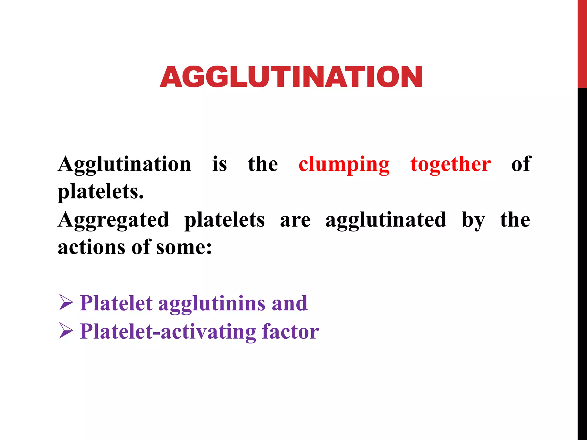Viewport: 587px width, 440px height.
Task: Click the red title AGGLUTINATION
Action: click(x=291, y=77)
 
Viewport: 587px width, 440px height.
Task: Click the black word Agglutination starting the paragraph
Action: click(x=124, y=164)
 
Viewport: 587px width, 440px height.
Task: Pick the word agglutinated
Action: click(x=386, y=220)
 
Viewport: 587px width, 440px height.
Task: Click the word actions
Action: click(x=91, y=247)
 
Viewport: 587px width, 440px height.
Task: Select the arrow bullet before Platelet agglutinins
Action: click(x=66, y=303)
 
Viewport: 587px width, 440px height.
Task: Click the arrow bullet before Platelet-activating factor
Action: click(x=66, y=331)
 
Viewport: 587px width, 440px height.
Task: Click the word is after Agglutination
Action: click(x=220, y=164)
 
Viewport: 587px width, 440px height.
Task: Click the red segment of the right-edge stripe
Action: click(x=582, y=43)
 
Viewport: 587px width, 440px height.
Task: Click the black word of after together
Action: click(x=521, y=164)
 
